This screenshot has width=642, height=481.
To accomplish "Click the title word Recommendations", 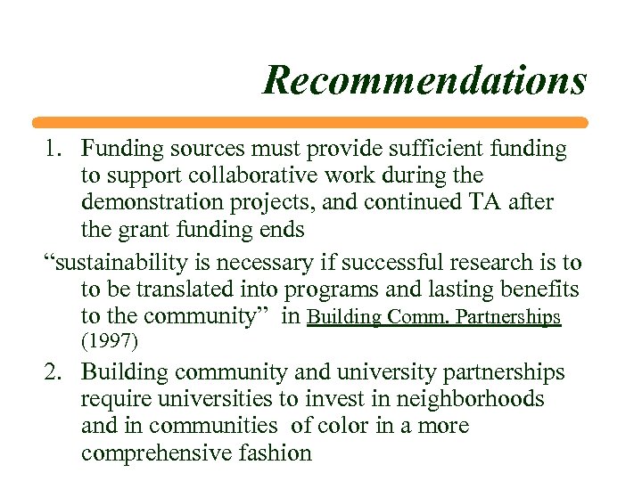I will (x=424, y=80).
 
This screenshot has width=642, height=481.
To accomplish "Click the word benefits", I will (x=538, y=289).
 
